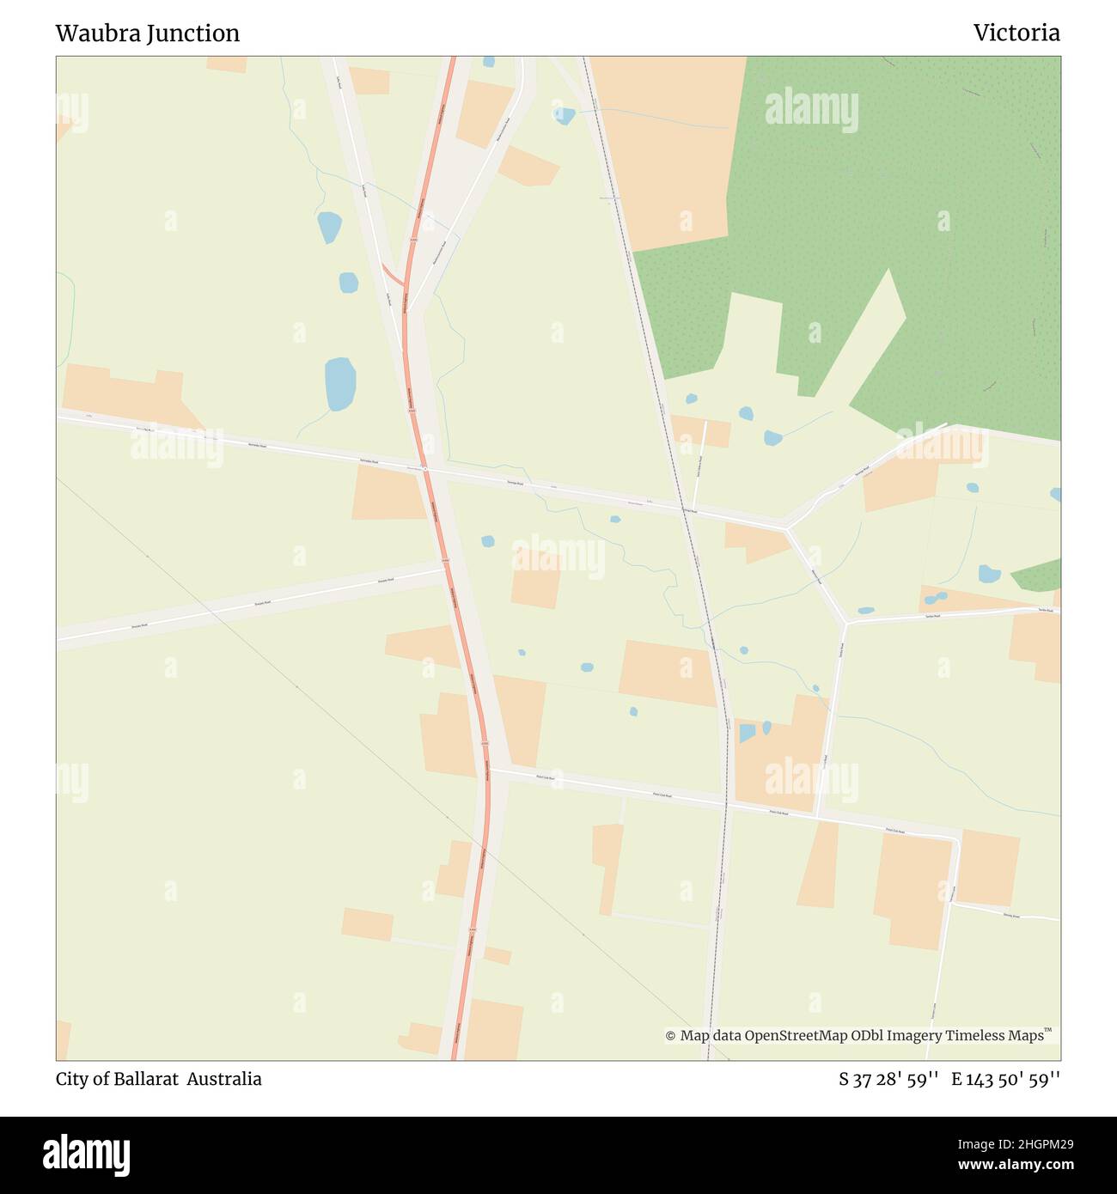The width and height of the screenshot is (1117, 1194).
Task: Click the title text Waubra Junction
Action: [x=147, y=34]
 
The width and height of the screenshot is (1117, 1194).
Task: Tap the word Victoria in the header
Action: [x=1016, y=34]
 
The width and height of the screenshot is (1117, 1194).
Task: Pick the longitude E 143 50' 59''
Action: [x=1005, y=1079]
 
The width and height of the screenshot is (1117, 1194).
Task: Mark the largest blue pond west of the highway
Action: [x=339, y=384]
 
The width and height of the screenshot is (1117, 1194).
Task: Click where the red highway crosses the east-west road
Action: [x=424, y=469]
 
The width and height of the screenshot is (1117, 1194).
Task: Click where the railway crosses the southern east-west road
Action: [x=726, y=805]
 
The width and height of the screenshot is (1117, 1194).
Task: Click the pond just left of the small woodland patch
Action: [x=989, y=573]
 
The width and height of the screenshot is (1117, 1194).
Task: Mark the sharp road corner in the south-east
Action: [x=957, y=838]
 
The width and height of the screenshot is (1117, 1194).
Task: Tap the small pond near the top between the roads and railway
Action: [x=564, y=115]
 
